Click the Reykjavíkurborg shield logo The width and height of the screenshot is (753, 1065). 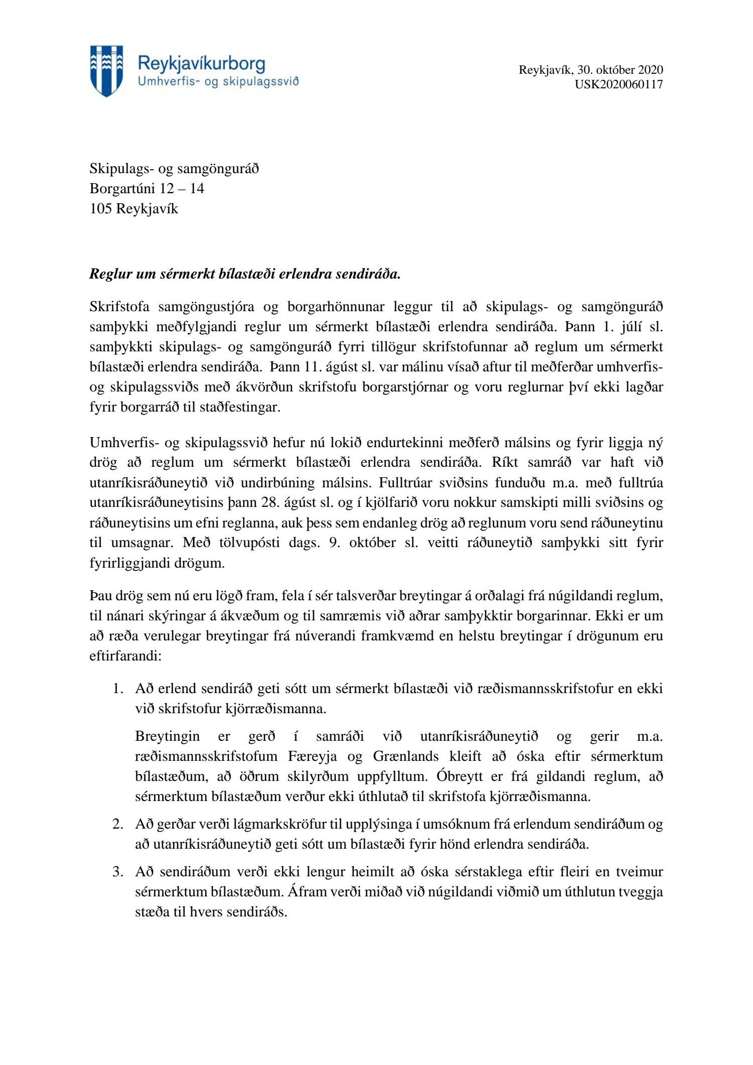click(106, 71)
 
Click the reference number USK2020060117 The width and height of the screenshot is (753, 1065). click(618, 84)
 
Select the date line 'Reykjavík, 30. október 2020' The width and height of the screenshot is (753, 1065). click(591, 70)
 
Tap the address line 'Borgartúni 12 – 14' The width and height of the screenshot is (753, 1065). click(147, 189)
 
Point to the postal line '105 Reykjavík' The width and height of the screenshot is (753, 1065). click(134, 209)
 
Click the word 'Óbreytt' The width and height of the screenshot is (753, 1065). click(459, 776)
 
